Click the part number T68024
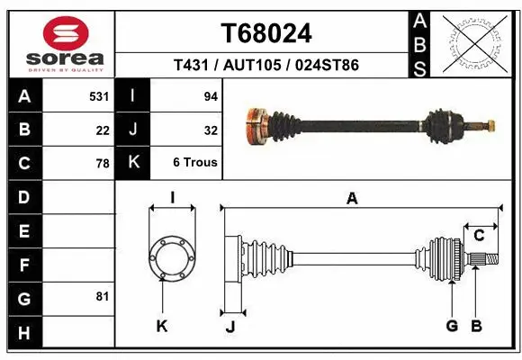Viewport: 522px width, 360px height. click(266, 33)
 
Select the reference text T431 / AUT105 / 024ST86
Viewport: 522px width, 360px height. click(266, 66)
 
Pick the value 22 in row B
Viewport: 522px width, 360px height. click(103, 130)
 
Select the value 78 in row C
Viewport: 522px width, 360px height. click(103, 164)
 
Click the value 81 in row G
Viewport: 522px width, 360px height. click(103, 295)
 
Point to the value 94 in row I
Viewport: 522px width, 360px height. click(211, 94)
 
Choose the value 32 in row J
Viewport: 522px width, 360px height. click(211, 130)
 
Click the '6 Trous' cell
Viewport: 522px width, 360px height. click(195, 163)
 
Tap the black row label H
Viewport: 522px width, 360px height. click(24, 334)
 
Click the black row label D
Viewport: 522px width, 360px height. click(24, 196)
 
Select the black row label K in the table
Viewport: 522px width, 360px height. click(133, 163)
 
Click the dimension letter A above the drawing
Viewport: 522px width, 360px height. click(352, 198)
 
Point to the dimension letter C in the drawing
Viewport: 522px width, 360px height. click(479, 236)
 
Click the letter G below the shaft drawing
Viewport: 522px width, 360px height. click(452, 326)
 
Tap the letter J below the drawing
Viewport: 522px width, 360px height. click(229, 327)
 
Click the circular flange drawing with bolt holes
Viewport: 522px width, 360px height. click(172, 256)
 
